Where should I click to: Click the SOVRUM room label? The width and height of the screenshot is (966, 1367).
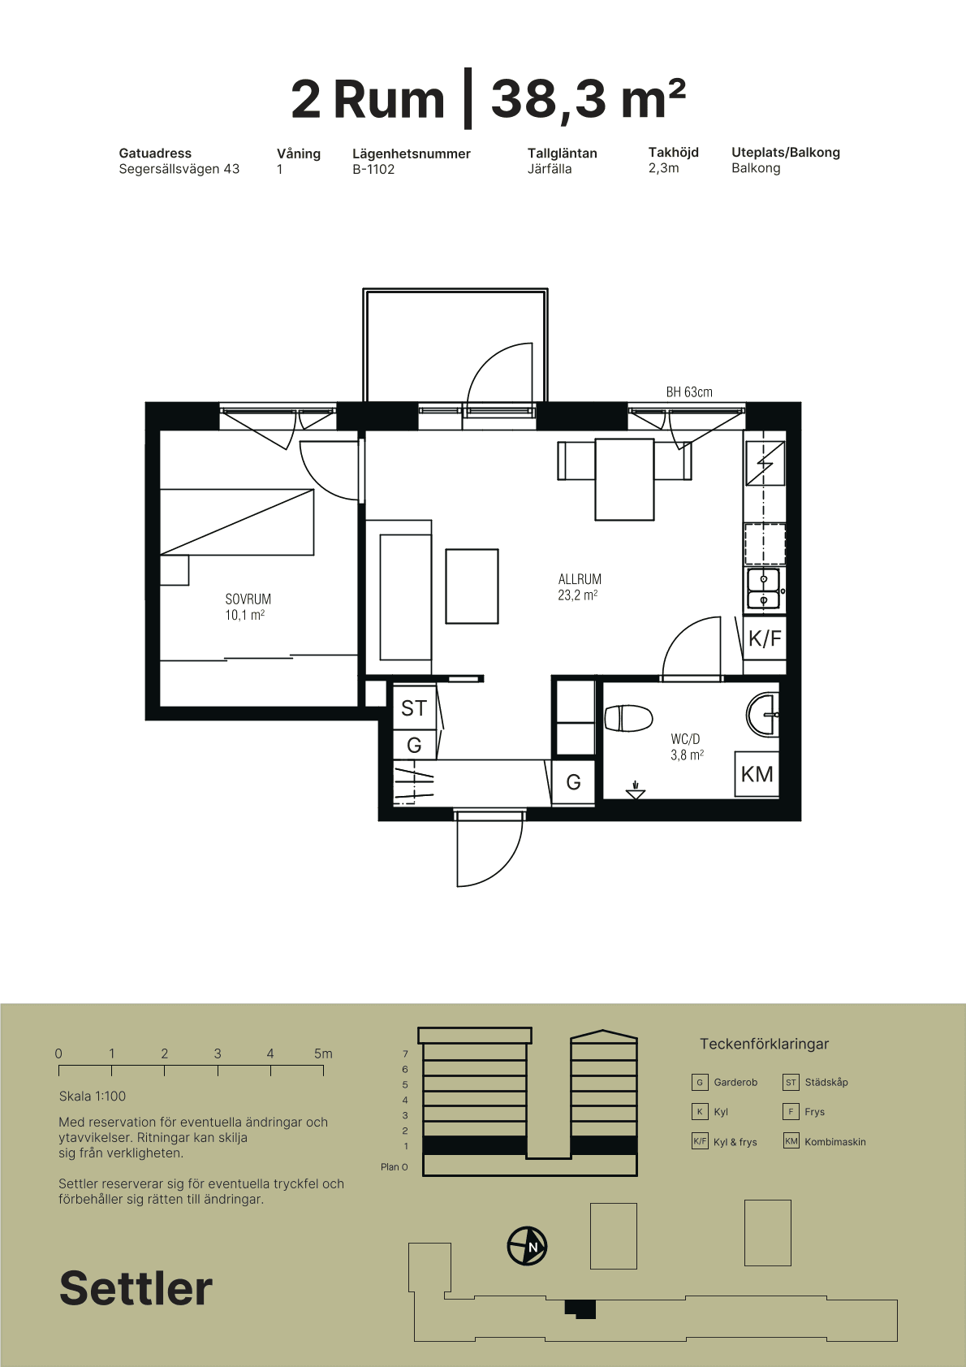click(x=248, y=599)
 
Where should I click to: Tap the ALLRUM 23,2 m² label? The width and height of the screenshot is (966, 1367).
click(x=579, y=587)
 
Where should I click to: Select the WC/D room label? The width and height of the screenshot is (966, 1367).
click(x=685, y=739)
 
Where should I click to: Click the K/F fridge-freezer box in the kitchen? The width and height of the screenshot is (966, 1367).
click(x=764, y=638)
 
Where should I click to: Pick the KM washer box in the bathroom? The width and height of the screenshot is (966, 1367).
click(x=757, y=774)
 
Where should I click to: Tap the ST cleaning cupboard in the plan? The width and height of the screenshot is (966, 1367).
click(x=414, y=707)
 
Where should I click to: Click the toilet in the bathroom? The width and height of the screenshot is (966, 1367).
click(x=628, y=718)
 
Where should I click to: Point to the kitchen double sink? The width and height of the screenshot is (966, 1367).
click(x=763, y=590)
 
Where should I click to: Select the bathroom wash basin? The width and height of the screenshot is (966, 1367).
click(x=763, y=714)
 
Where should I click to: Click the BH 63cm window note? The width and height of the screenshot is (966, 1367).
click(x=689, y=391)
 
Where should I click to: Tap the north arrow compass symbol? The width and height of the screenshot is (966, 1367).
click(x=528, y=1246)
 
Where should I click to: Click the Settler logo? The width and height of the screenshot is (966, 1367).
click(x=136, y=1288)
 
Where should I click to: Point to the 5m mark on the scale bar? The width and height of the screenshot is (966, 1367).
click(x=323, y=1053)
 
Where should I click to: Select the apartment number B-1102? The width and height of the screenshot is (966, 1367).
click(x=373, y=169)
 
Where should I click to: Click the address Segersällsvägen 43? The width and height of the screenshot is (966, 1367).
click(x=179, y=169)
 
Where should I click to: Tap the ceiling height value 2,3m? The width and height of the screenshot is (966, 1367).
click(x=663, y=168)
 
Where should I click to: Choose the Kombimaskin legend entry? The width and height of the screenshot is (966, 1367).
click(x=825, y=1141)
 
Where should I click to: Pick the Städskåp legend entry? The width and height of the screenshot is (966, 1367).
click(x=815, y=1082)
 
